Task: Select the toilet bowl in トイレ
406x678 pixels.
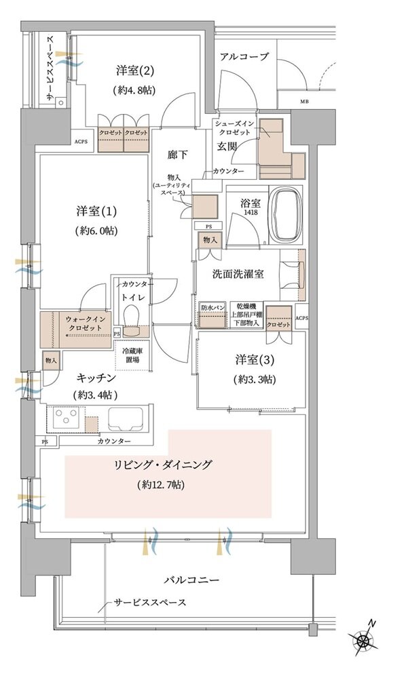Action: coord(131,316)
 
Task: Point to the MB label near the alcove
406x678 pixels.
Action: coord(303,103)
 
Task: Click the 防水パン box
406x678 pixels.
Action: coord(212,308)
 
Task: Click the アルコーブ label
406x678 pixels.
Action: coord(244,58)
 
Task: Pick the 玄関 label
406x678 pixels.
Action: coord(226,146)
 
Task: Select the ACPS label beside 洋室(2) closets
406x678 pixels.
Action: coord(81,142)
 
